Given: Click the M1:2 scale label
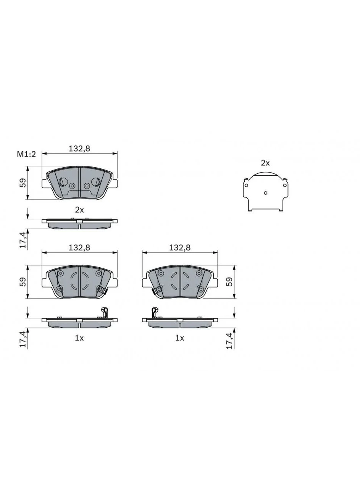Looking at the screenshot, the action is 26,154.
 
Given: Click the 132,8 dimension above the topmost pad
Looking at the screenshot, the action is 79,149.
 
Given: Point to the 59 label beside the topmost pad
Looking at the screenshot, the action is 23,183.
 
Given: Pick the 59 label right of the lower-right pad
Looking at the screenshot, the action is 230,282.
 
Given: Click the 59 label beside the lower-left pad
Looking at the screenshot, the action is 23,282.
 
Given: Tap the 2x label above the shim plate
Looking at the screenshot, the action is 265,163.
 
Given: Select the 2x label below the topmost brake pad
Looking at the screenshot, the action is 79,210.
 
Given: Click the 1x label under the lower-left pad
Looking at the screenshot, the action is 79,338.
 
